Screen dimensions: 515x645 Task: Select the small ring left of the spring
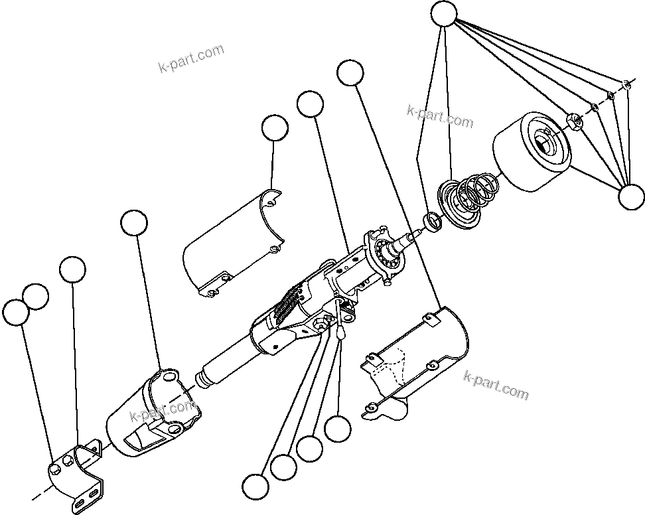pyautogui.click(x=432, y=221)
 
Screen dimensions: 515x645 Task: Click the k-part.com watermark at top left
pyautogui.click(x=191, y=58)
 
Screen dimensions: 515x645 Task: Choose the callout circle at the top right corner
pyautogui.click(x=444, y=14)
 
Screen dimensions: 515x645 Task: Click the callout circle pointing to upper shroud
pyautogui.click(x=275, y=128)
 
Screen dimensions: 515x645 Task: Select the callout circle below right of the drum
pyautogui.click(x=630, y=196)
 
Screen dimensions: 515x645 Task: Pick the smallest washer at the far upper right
pyautogui.click(x=626, y=84)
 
